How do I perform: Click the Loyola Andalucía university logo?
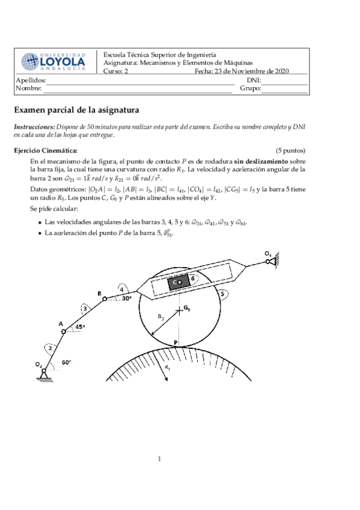[54, 62]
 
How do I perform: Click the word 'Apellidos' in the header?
[31, 80]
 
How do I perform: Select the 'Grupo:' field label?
[250, 88]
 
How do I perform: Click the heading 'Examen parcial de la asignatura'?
[76, 111]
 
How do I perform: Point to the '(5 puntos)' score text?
[290, 150]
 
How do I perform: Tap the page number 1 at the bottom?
[160, 460]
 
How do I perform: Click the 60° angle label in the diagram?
[67, 362]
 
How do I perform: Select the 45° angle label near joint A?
[80, 327]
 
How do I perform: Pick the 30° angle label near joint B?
[126, 298]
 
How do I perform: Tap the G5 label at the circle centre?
[187, 309]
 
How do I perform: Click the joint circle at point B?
[104, 298]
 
